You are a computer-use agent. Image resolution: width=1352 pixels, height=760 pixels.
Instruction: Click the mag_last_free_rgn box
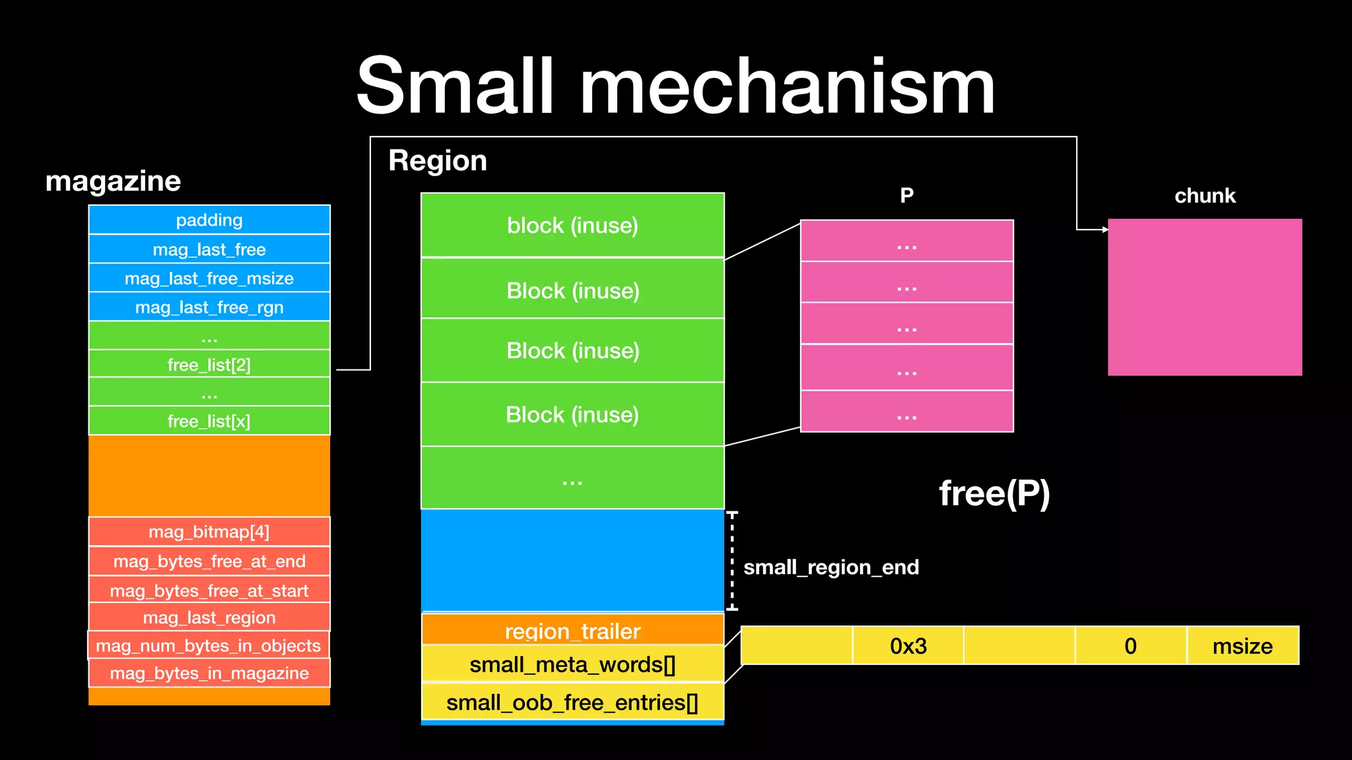pos(209,307)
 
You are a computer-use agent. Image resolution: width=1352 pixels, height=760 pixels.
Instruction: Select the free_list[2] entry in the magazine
pos(209,365)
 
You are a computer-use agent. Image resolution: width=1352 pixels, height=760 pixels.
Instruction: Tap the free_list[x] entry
pos(209,421)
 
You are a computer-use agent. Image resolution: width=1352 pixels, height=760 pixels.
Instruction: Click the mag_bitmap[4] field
pos(209,532)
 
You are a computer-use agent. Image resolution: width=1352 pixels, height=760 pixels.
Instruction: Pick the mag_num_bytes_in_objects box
pos(209,645)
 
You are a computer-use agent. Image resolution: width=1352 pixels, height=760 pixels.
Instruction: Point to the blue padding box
pos(209,220)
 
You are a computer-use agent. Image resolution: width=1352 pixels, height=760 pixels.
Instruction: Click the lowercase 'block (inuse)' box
pos(572,225)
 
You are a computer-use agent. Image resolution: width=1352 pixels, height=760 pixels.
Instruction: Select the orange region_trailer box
pos(572,630)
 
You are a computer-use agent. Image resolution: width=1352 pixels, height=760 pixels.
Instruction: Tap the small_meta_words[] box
pos(572,664)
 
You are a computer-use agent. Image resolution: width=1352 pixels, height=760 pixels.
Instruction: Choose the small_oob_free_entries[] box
pos(572,703)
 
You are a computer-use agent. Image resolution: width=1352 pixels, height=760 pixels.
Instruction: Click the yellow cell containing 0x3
pos(908,646)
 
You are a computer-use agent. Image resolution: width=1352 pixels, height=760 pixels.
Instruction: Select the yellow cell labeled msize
pos(1242,646)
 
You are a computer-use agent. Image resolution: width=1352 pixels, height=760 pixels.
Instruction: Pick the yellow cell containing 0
pos(1130,646)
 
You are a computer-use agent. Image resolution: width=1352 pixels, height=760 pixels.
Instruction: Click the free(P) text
pos(994,493)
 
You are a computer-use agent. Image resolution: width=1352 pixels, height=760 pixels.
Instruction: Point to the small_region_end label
pos(830,567)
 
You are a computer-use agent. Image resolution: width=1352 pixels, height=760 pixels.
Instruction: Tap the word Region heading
pos(438,161)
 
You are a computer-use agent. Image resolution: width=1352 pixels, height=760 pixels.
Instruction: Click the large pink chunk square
pos(1205,298)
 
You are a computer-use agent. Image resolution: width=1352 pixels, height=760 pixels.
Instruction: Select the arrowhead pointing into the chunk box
pos(1105,230)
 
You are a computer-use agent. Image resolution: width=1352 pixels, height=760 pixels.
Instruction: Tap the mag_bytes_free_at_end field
pos(209,561)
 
